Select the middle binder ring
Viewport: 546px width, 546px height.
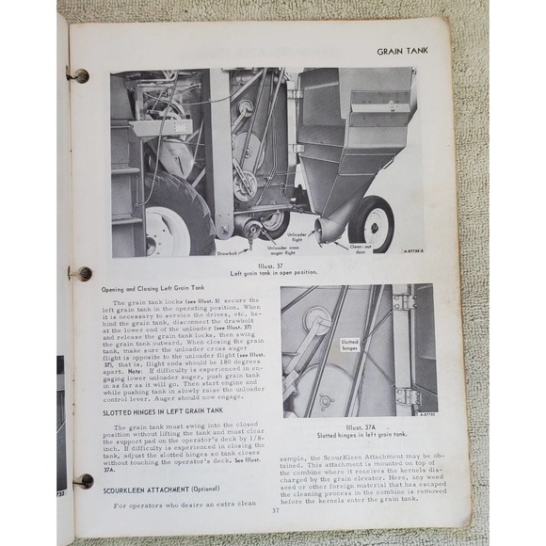[x=82, y=273]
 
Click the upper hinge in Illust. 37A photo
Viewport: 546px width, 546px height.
[x=405, y=301]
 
